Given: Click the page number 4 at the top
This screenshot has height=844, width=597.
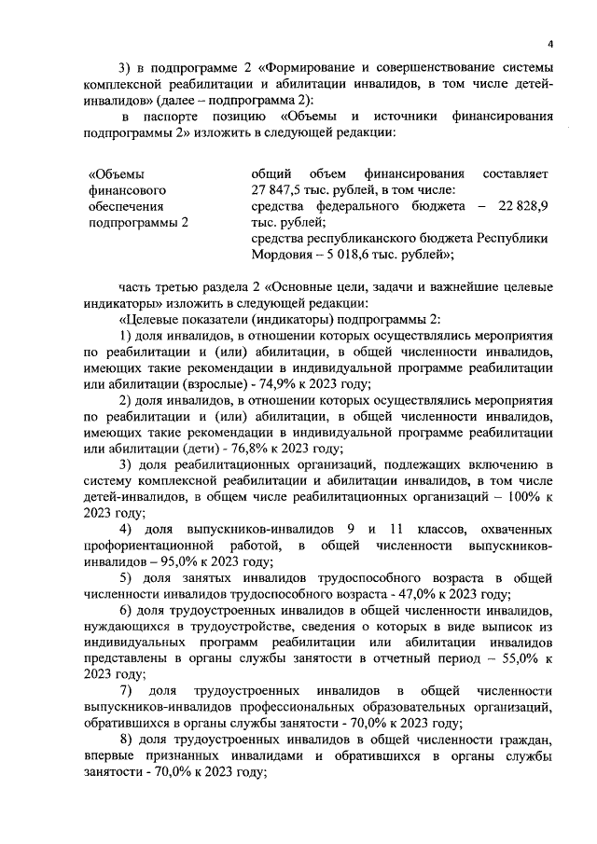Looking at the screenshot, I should point(550,44).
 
